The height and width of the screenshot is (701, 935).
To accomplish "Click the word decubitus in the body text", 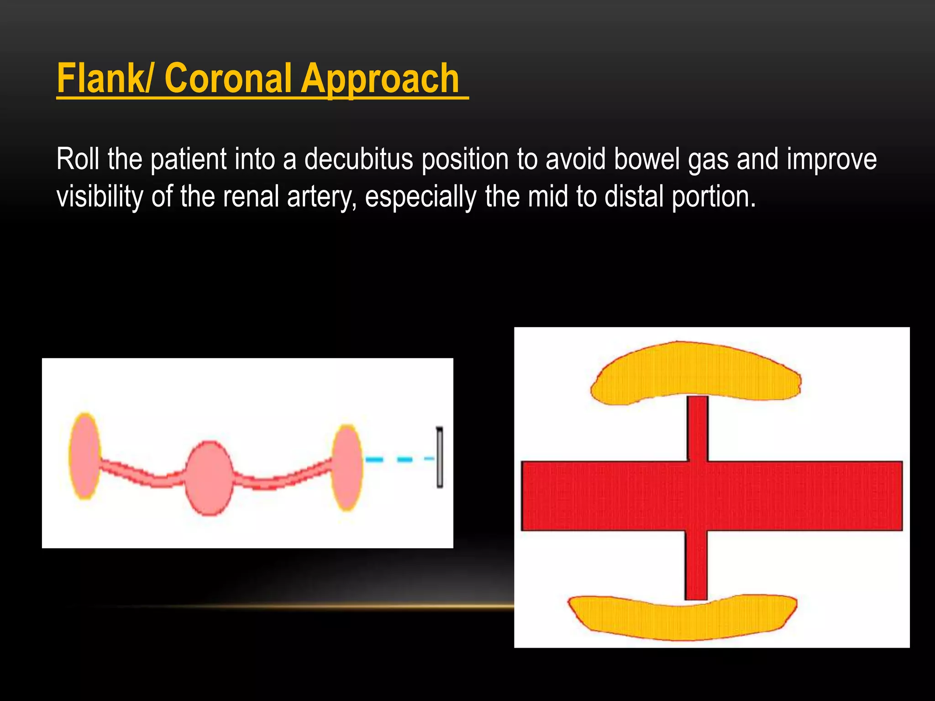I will tap(358, 160).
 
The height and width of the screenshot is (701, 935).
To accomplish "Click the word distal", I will tap(633, 197).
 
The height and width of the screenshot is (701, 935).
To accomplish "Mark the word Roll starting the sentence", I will tap(78, 160).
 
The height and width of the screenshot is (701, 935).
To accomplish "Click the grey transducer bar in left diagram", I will tap(440, 457).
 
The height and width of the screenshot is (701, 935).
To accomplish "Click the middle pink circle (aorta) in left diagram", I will tap(209, 478).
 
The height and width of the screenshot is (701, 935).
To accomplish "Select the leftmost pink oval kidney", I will tap(85, 455).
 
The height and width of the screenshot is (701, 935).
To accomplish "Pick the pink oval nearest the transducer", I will tap(347, 467).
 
